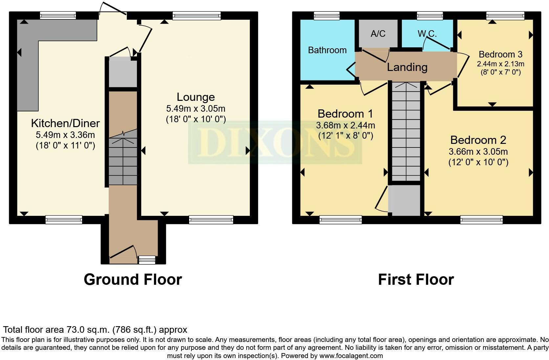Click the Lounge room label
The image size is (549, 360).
pyautogui.click(x=196, y=97)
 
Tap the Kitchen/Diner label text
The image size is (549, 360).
pyautogui.click(x=65, y=123)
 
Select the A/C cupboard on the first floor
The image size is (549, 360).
pyautogui.click(x=378, y=33)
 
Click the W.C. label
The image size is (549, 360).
pyautogui.click(x=427, y=34)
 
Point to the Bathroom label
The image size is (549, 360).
pyautogui.click(x=327, y=50)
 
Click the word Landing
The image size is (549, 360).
pyautogui.click(x=407, y=67)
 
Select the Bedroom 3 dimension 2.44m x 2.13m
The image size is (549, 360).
pyautogui.click(x=500, y=64)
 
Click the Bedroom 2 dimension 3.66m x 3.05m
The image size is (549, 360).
pyautogui.click(x=478, y=151)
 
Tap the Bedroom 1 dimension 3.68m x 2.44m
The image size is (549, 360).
pyautogui.click(x=345, y=125)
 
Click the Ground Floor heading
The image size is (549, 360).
pyautogui.click(x=133, y=280)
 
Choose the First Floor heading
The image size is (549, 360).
pyautogui.click(x=416, y=280)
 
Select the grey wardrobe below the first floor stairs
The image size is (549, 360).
pyautogui.click(x=404, y=200)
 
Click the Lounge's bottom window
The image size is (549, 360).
pyautogui.click(x=211, y=220)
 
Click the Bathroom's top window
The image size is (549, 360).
pyautogui.click(x=326, y=15)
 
